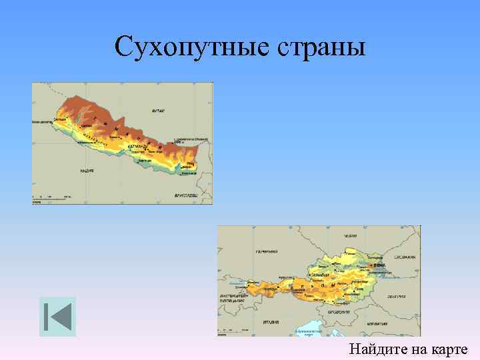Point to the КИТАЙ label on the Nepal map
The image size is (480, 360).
(x=158, y=111)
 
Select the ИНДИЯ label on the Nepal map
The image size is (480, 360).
(x=87, y=171)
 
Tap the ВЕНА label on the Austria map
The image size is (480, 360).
(x=381, y=265)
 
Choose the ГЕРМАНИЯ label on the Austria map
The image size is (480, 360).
(x=267, y=252)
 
